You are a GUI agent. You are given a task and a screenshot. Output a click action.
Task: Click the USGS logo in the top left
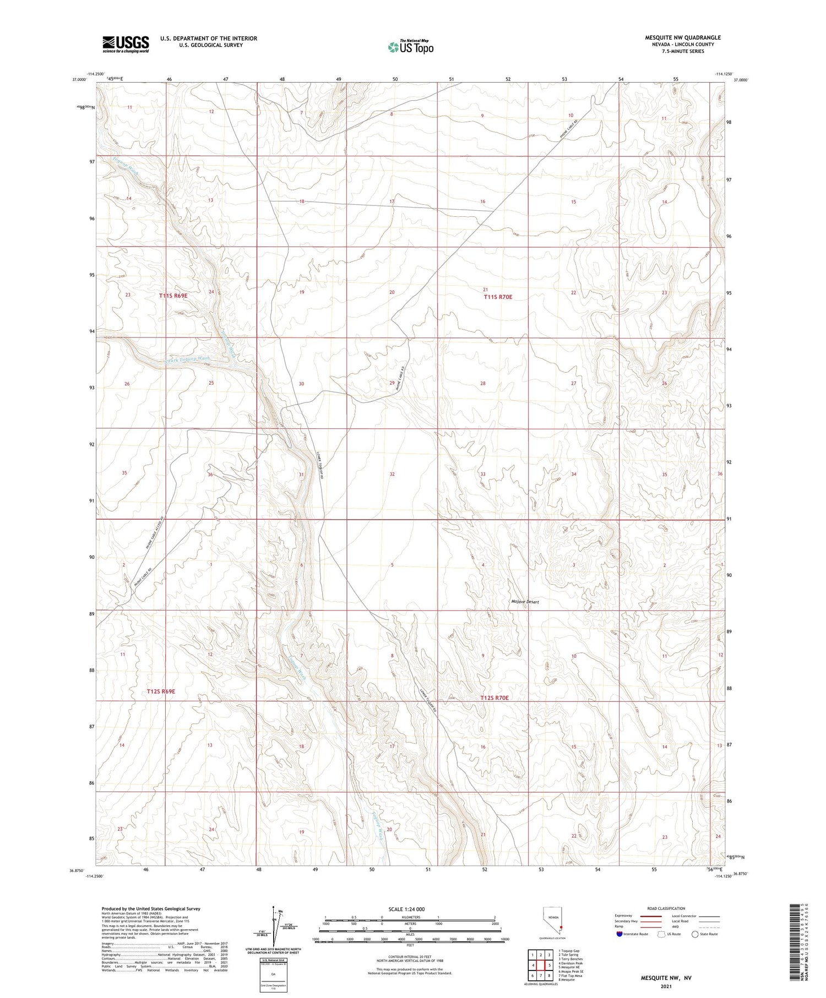coord(125,44)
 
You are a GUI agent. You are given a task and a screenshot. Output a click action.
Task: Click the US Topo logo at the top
coord(410,47)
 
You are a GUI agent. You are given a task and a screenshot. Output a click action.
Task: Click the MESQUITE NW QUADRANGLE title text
coord(682,37)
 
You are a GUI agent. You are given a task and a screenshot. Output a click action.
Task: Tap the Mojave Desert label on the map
coord(524,602)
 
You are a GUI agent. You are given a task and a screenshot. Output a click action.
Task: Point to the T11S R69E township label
coord(173,296)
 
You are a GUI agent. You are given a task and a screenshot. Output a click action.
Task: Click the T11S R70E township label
coord(498,297)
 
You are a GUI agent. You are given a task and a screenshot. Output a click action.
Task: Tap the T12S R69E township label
coord(161,691)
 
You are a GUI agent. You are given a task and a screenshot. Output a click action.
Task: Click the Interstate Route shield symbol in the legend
coord(619,934)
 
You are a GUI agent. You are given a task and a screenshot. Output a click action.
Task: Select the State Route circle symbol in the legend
coord(695,934)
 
